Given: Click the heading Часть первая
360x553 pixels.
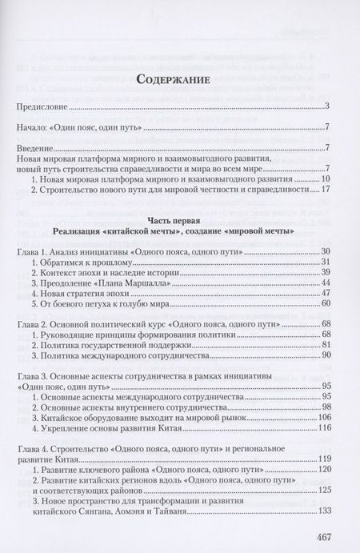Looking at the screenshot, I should click(181, 218).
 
